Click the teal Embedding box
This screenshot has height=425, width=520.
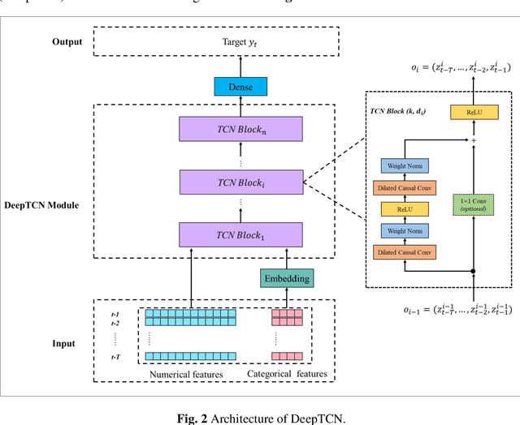[x=285, y=278]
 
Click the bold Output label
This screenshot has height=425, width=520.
[x=67, y=41]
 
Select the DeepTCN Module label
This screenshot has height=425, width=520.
[x=47, y=205]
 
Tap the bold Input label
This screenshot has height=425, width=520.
[x=64, y=343]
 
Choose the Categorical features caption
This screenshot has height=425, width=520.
[x=288, y=374]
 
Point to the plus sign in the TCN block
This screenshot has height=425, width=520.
[x=474, y=140]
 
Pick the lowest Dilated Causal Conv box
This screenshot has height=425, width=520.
[x=405, y=253]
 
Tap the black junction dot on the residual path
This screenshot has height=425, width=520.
[x=474, y=270]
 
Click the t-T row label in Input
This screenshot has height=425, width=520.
[x=116, y=355]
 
